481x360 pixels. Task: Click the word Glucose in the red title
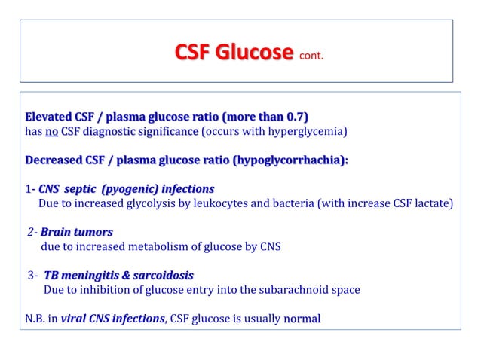pos(256,53)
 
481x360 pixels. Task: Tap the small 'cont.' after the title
pos(311,56)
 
